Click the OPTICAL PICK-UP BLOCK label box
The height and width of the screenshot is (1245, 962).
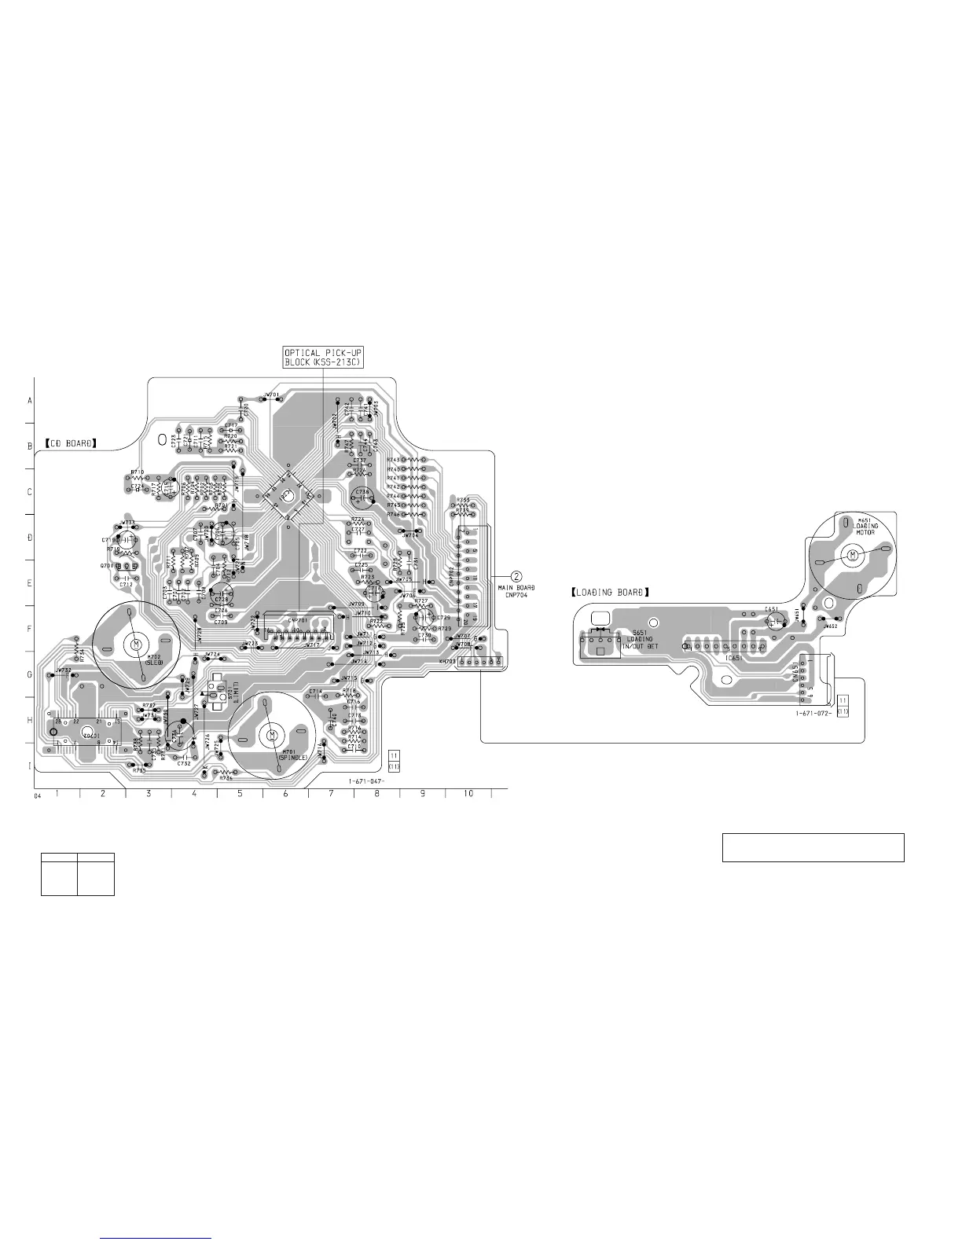click(323, 358)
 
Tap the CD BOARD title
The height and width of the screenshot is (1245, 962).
click(71, 443)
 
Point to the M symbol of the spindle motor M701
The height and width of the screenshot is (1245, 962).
click(271, 734)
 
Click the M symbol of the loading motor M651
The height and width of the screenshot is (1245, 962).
click(853, 556)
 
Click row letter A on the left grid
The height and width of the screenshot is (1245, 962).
click(30, 401)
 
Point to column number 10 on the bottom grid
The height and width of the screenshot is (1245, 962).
click(468, 794)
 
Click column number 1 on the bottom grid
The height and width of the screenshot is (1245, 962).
click(57, 794)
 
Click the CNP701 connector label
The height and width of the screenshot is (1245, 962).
click(297, 620)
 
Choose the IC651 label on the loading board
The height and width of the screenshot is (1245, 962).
click(735, 658)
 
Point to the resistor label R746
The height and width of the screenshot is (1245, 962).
click(393, 514)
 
